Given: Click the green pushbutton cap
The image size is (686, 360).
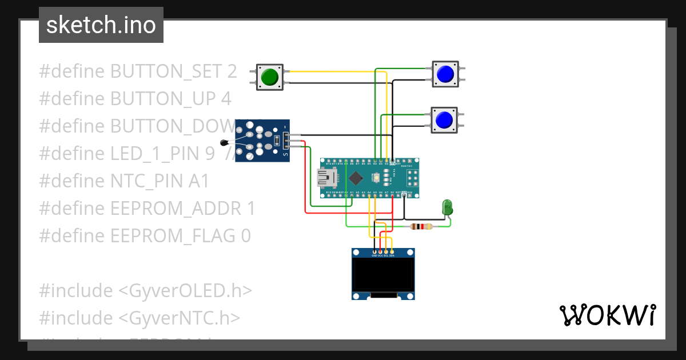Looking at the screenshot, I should pyautogui.click(x=270, y=77).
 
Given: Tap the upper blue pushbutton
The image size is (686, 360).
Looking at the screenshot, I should pyautogui.click(x=444, y=74).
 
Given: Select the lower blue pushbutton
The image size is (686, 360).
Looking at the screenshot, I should pyautogui.click(x=444, y=120).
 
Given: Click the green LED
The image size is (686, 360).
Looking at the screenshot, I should pyautogui.click(x=448, y=207).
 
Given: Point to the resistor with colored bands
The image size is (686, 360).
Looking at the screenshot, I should pyautogui.click(x=421, y=227).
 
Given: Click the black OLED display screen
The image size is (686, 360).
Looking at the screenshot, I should pyautogui.click(x=383, y=274).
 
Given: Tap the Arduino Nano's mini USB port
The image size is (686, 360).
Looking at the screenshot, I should pyautogui.click(x=327, y=178).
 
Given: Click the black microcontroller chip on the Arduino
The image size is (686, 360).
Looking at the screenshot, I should pyautogui.click(x=355, y=178).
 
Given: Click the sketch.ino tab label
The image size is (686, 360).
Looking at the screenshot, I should pyautogui.click(x=101, y=25).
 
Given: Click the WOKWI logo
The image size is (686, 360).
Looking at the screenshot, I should pyautogui.click(x=607, y=315).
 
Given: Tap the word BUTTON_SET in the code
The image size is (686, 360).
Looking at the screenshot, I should pyautogui.click(x=166, y=71).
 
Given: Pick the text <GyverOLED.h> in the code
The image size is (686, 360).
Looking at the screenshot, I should pyautogui.click(x=185, y=290).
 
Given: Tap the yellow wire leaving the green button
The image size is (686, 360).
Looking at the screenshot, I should pyautogui.click(x=332, y=71).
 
